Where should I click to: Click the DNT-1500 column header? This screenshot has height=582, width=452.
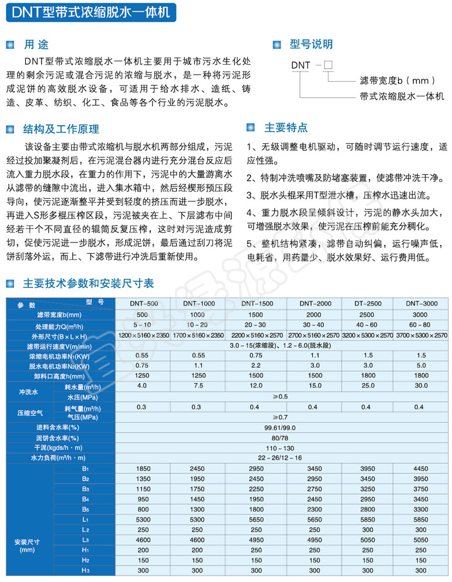pyautogui.click(x=257, y=304)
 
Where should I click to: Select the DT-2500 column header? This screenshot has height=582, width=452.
pyautogui.click(x=366, y=304)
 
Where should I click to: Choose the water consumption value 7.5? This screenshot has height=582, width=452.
pyautogui.click(x=198, y=386)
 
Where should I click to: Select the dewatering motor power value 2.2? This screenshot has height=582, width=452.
pyautogui.click(x=257, y=365)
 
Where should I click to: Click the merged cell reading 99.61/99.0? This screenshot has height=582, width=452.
pyautogui.click(x=283, y=427)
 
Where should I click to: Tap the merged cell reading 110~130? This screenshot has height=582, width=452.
pyautogui.click(x=283, y=448)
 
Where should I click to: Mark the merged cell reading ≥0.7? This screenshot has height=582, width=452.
pyautogui.click(x=283, y=417)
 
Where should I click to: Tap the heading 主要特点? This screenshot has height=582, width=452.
pyautogui.click(x=286, y=127)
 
